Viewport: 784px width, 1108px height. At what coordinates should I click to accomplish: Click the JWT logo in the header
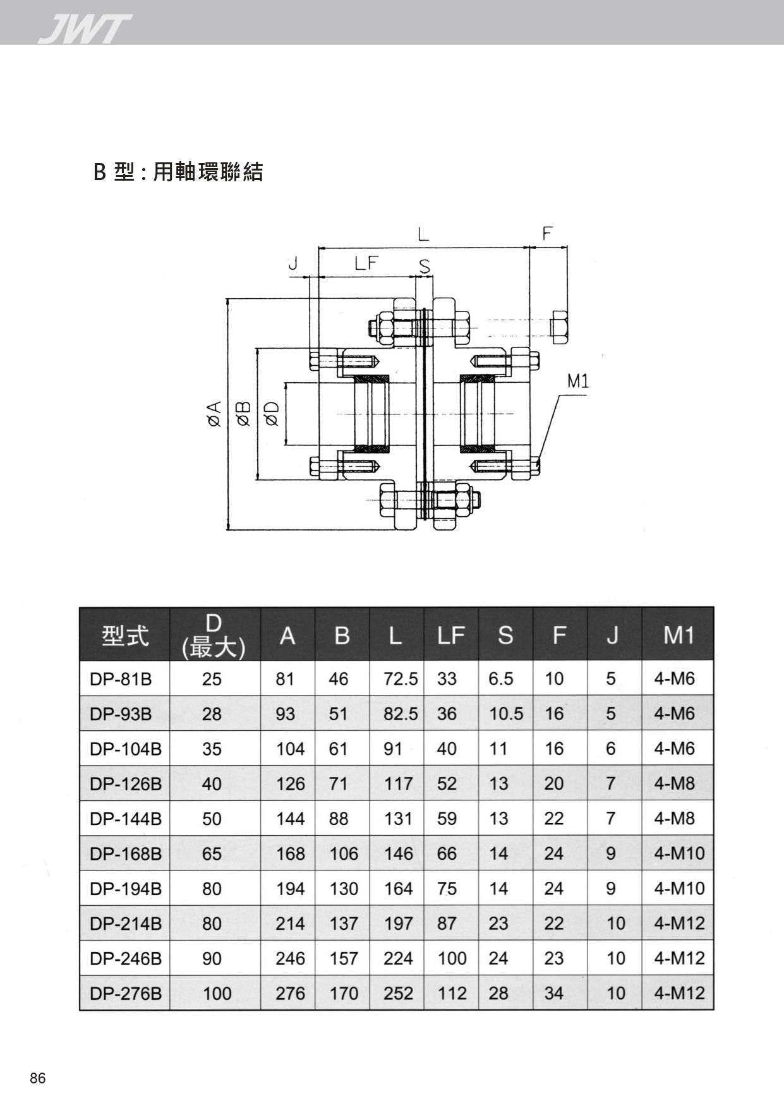pyautogui.click(x=84, y=29)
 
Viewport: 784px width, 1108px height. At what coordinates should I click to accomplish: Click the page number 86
pyautogui.click(x=38, y=1078)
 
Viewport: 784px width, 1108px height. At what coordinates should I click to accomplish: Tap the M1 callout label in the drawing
pyautogui.click(x=577, y=382)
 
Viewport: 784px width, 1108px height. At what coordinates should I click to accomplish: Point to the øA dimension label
pyautogui.click(x=214, y=414)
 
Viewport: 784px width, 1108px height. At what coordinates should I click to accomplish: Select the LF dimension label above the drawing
pyautogui.click(x=365, y=263)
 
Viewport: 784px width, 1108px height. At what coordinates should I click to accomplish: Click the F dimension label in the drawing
pyautogui.click(x=547, y=234)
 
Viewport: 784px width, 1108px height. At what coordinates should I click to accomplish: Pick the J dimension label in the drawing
pyautogui.click(x=292, y=263)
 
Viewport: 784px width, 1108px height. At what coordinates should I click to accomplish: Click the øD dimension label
pyautogui.click(x=273, y=414)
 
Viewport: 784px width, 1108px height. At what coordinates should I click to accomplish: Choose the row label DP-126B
pyautogui.click(x=126, y=784)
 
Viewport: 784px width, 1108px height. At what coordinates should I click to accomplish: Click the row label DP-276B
pyautogui.click(x=126, y=994)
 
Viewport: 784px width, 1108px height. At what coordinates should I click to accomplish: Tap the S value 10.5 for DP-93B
pyautogui.click(x=506, y=714)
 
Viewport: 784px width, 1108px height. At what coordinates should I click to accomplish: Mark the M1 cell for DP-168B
pyautogui.click(x=679, y=854)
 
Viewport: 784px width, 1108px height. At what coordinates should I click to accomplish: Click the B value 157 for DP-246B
pyautogui.click(x=344, y=959)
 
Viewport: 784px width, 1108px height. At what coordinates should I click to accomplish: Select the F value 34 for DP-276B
pyautogui.click(x=554, y=994)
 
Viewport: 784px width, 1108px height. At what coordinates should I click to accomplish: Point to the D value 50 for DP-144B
pyautogui.click(x=212, y=819)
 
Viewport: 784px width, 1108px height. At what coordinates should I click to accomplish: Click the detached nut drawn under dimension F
pyautogui.click(x=560, y=327)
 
